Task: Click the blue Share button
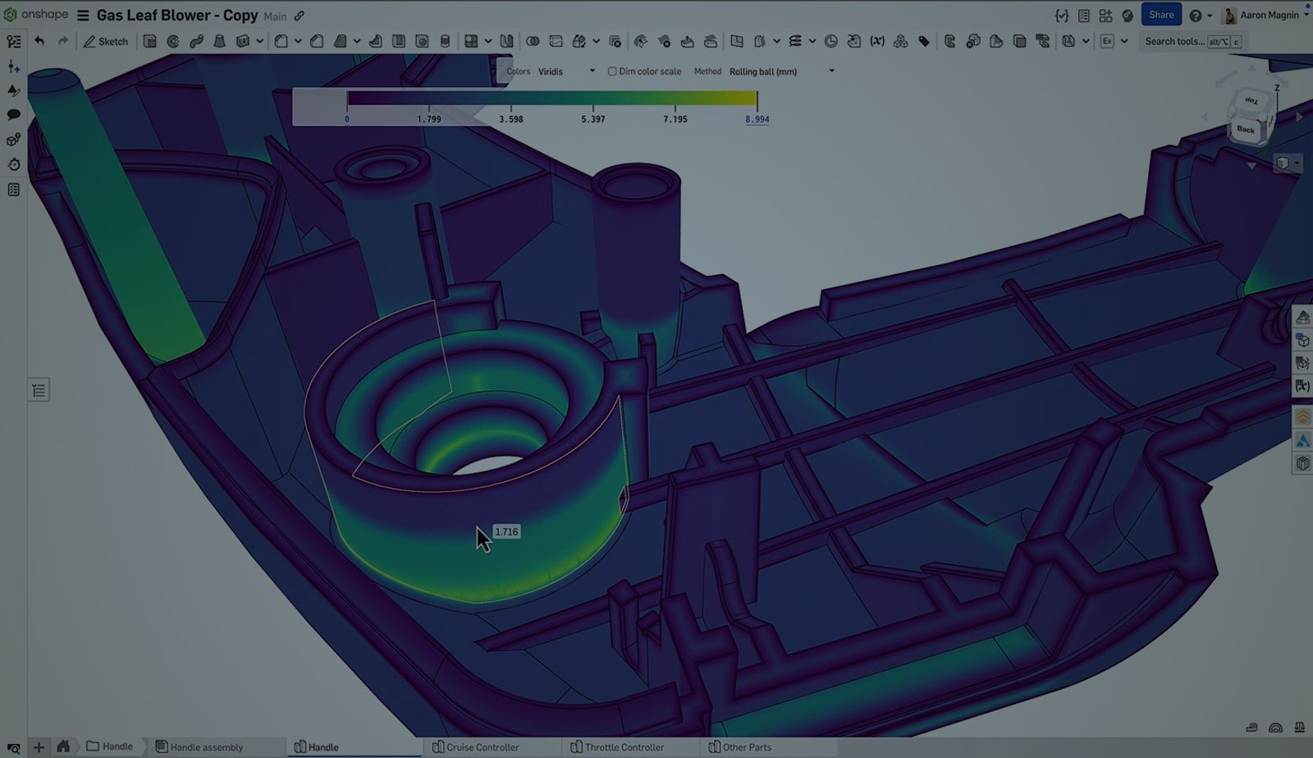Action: pyautogui.click(x=1160, y=15)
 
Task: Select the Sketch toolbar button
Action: pyautogui.click(x=106, y=41)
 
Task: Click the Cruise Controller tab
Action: pyautogui.click(x=482, y=747)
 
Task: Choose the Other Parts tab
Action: pyautogui.click(x=746, y=747)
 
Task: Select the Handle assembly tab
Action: pyautogui.click(x=205, y=747)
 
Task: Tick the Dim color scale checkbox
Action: pyautogui.click(x=612, y=71)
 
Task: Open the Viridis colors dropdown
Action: pyautogui.click(x=566, y=71)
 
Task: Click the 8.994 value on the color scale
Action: pyautogui.click(x=757, y=119)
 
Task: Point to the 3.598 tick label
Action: pyautogui.click(x=510, y=119)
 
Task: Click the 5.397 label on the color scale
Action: pyautogui.click(x=592, y=119)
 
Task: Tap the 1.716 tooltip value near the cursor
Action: pyautogui.click(x=506, y=532)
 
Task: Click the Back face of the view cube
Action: pyautogui.click(x=1246, y=130)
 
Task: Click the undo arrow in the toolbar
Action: pyautogui.click(x=39, y=41)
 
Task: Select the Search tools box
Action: pyautogui.click(x=1174, y=41)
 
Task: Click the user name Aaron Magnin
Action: pyautogui.click(x=1269, y=15)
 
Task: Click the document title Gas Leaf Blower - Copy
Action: pyautogui.click(x=177, y=16)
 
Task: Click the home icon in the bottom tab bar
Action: pyautogui.click(x=63, y=747)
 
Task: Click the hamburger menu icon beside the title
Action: pyautogui.click(x=83, y=16)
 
